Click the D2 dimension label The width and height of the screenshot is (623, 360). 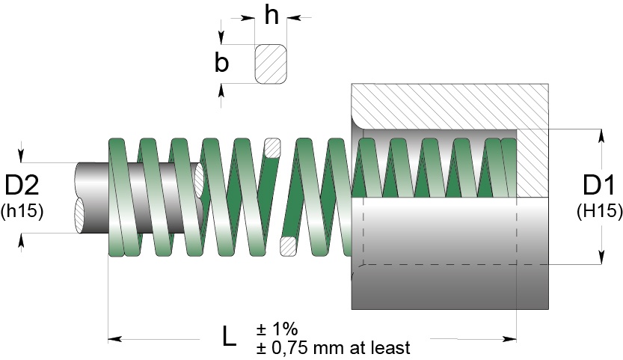(x=22, y=186)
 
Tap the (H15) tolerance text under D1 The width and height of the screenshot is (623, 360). (x=600, y=211)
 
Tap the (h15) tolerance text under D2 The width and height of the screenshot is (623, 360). (x=23, y=211)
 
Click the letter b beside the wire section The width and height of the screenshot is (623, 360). (x=222, y=63)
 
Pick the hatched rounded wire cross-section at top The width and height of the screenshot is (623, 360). (x=271, y=64)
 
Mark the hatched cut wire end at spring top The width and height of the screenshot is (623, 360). (x=272, y=147)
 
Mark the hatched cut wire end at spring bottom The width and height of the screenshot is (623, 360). (x=287, y=245)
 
